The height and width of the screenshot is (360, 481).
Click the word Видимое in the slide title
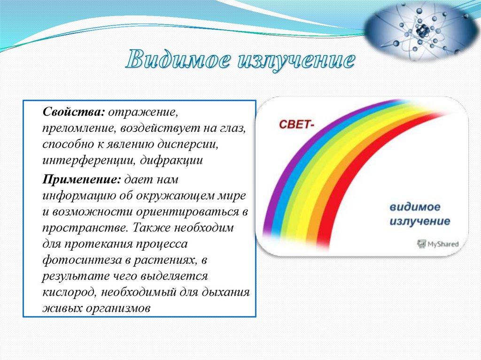(178, 59)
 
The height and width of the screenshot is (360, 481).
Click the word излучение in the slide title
(296, 60)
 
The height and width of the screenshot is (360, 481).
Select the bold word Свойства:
(74, 112)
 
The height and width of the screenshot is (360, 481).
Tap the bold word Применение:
(82, 179)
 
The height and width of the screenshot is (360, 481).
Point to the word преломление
(78, 129)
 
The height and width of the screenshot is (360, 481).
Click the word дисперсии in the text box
(188, 144)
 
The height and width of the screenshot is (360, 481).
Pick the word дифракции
(171, 161)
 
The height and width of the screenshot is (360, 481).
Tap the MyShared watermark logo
(438, 244)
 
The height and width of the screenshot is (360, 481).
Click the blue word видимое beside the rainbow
(415, 207)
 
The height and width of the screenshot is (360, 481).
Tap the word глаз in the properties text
(233, 129)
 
